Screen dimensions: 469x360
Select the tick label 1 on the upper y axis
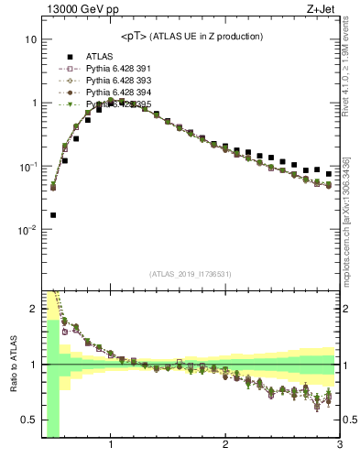tap(33, 104)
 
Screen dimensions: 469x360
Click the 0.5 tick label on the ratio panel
tap(29, 420)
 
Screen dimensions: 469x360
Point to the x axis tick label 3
tap(339, 446)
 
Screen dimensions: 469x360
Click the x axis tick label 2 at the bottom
tap(225, 446)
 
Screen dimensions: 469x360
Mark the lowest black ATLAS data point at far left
tap(52, 215)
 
